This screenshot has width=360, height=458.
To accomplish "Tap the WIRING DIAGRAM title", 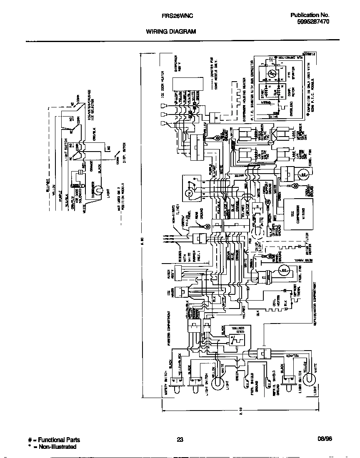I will coord(171,32).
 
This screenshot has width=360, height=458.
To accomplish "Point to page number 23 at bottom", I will coord(180,440).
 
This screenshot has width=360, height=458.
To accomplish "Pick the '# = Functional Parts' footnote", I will coord(54,440).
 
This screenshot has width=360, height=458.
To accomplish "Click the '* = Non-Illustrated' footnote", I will coord(52,447).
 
